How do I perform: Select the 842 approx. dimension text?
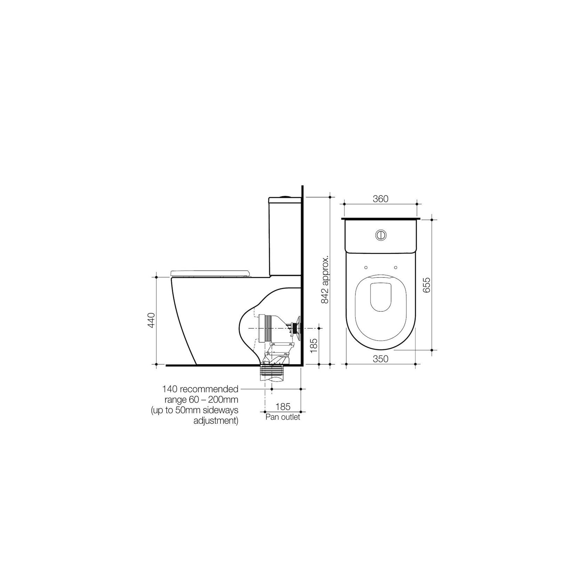click(326, 280)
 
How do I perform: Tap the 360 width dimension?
click(380, 199)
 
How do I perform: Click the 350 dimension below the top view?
click(380, 359)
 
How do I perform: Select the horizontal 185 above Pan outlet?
click(283, 406)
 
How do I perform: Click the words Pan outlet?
click(282, 417)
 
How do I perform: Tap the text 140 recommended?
click(200, 389)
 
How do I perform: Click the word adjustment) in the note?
click(216, 421)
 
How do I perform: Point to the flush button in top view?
click(381, 235)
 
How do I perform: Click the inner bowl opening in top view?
click(381, 296)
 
